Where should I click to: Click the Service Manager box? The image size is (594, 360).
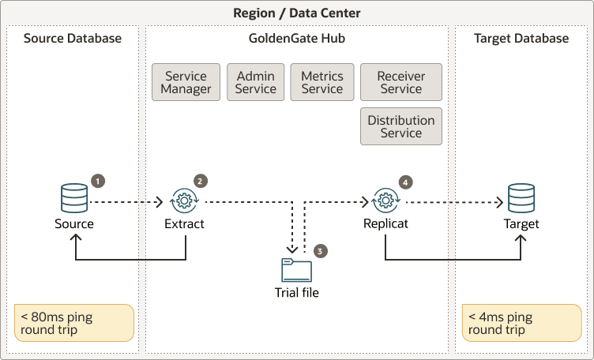click(x=186, y=83)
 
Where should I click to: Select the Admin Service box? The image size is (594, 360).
click(x=256, y=83)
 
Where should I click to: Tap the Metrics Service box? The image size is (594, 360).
click(x=322, y=83)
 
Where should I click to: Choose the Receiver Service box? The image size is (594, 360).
click(x=401, y=83)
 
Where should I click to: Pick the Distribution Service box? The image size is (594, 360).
click(x=401, y=127)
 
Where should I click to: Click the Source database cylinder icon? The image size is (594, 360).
click(x=74, y=198)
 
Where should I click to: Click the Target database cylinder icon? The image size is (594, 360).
click(x=521, y=198)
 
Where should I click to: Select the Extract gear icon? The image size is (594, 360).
click(x=184, y=201)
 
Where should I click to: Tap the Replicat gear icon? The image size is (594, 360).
click(x=385, y=201)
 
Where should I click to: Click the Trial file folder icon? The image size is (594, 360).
click(x=297, y=270)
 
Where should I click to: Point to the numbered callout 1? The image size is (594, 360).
click(x=98, y=181)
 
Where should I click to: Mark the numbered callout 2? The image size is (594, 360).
click(x=201, y=181)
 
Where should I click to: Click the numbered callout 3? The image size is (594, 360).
click(x=320, y=251)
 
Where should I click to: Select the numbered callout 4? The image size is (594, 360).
click(x=406, y=182)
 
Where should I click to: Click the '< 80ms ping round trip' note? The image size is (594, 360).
click(x=74, y=324)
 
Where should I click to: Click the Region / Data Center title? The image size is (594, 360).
click(x=297, y=13)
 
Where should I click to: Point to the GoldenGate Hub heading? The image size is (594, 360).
click(x=297, y=39)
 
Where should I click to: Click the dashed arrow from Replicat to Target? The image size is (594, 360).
click(x=452, y=202)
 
